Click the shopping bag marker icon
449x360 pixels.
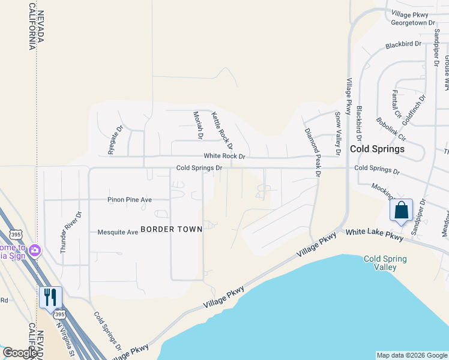(401, 211)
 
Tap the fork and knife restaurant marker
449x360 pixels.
(50, 297)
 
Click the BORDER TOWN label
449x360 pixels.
(171, 229)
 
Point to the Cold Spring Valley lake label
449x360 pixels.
(385, 263)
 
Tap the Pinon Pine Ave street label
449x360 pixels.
(130, 200)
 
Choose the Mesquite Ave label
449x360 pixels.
(118, 232)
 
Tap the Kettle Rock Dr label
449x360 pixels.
(221, 130)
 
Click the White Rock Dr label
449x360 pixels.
(225, 156)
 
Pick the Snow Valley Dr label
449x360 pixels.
(337, 134)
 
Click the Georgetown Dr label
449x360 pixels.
(412, 23)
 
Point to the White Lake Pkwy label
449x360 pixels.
(372, 232)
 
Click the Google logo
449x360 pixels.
(20, 353)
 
